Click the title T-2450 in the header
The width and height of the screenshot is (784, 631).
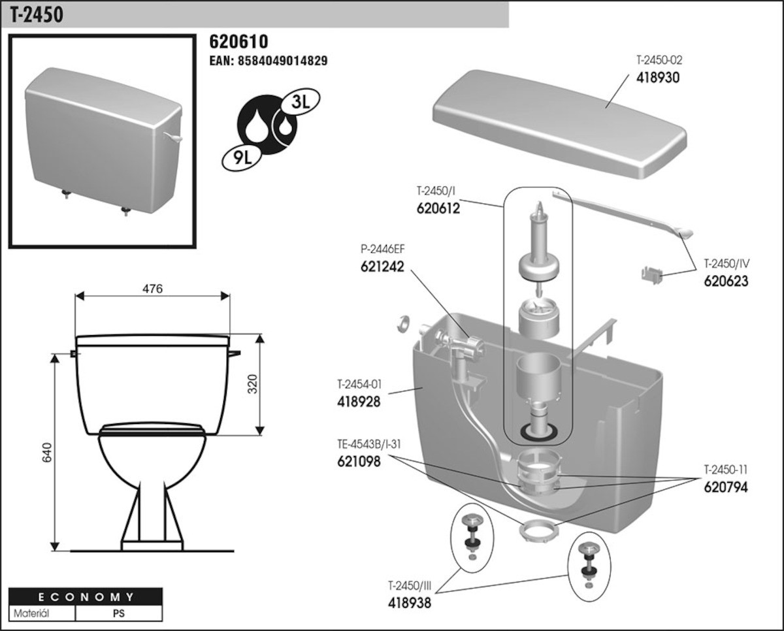click(37, 14)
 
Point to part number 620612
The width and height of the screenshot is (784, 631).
click(438, 209)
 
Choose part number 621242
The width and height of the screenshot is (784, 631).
click(382, 267)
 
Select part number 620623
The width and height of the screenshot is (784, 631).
click(726, 282)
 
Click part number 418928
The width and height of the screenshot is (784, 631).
click(359, 401)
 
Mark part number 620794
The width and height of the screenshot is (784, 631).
click(725, 487)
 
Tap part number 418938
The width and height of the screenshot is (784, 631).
click(410, 602)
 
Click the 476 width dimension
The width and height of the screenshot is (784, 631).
click(152, 288)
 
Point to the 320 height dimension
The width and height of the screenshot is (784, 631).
click(252, 385)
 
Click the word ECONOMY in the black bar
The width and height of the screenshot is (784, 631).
click(85, 597)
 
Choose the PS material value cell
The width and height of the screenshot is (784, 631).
click(119, 614)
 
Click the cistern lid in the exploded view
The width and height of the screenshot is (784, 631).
click(559, 121)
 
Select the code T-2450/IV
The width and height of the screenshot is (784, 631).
click(726, 265)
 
